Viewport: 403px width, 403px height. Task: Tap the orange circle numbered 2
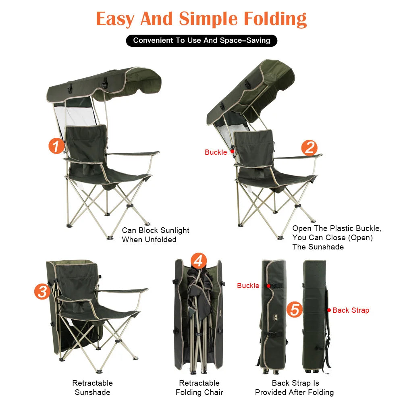click(309, 148)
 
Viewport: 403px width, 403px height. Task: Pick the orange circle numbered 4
click(198, 262)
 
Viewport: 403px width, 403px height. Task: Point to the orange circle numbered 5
click(295, 310)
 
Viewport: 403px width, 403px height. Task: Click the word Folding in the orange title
click(275, 19)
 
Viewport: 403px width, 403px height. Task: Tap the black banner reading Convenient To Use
click(201, 40)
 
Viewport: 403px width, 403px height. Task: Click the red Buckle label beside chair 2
click(216, 152)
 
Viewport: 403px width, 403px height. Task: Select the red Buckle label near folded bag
click(248, 286)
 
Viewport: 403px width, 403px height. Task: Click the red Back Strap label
click(351, 310)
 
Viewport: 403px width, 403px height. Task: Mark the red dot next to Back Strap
click(329, 310)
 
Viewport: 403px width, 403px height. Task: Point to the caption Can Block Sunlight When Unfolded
click(156, 235)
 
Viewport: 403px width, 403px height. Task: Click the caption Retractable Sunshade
click(92, 388)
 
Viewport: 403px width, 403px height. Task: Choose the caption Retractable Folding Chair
click(199, 388)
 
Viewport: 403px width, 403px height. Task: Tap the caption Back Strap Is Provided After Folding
click(295, 388)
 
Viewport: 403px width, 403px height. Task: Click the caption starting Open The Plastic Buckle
click(337, 238)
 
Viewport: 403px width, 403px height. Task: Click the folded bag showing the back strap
click(316, 314)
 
